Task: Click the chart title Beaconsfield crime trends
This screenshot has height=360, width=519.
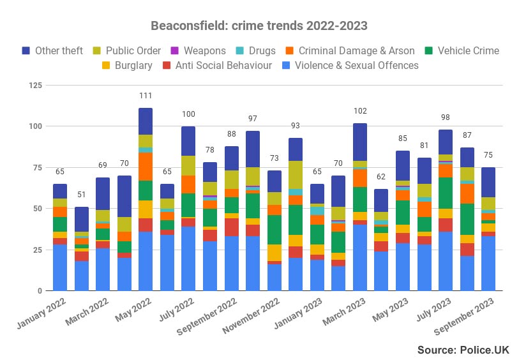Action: click(259, 26)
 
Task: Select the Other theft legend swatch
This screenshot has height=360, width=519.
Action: click(26, 50)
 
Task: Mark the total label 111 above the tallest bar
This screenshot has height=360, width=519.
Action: click(146, 96)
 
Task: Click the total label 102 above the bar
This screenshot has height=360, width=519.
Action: click(360, 111)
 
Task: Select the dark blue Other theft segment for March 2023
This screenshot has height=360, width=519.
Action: click(360, 142)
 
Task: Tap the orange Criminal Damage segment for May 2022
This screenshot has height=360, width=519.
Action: click(146, 167)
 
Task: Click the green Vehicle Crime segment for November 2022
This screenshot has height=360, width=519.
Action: click(275, 230)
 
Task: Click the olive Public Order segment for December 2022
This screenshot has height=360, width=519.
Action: click(296, 174)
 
